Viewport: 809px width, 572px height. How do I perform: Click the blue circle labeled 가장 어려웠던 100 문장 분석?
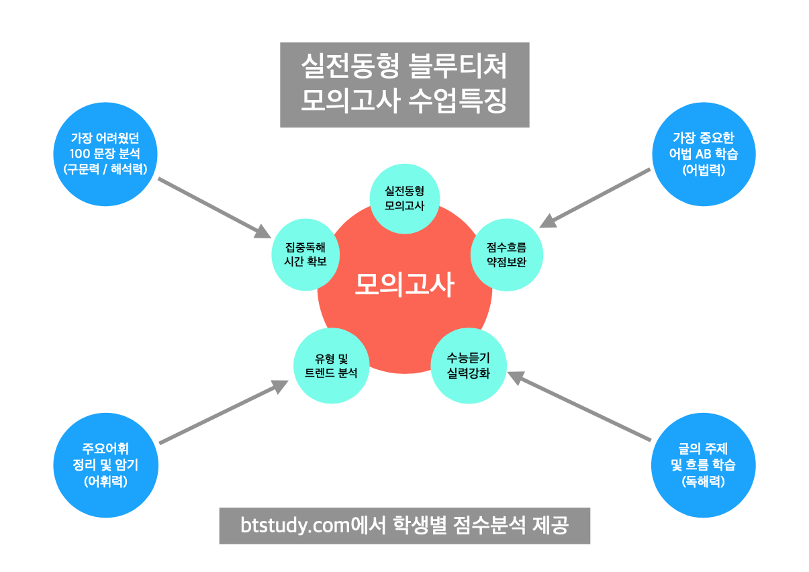click(x=105, y=153)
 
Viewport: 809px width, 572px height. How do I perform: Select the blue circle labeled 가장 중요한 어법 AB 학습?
click(x=703, y=153)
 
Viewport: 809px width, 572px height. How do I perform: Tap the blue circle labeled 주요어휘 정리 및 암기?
click(x=105, y=465)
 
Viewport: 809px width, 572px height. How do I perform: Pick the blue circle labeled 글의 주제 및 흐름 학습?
click(x=703, y=465)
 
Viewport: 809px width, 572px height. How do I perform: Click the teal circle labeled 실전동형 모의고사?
click(x=404, y=199)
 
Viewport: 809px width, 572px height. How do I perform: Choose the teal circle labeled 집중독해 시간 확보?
click(x=305, y=254)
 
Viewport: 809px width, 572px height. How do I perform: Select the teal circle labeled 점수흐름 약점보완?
click(x=506, y=254)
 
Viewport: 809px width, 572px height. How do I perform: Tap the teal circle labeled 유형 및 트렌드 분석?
click(x=331, y=366)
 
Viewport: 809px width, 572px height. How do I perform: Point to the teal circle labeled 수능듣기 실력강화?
click(x=468, y=366)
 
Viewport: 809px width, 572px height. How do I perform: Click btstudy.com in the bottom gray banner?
click(x=295, y=525)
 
